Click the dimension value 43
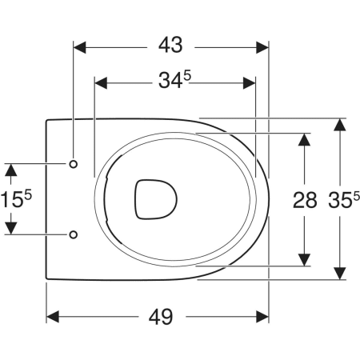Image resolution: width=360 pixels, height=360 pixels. (170, 46)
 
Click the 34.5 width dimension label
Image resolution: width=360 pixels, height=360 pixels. (175, 80)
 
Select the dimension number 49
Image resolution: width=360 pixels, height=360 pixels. (161, 317)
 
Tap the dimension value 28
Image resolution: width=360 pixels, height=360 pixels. (305, 200)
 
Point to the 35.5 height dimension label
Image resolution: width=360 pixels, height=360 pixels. (344, 199)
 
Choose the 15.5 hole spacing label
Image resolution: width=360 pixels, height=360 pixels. (16, 199)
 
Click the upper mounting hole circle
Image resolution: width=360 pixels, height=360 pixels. (74, 164)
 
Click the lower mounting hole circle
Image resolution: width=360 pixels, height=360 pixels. (74, 234)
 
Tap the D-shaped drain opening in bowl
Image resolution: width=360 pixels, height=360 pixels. (156, 199)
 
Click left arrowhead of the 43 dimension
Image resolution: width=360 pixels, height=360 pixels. (79, 47)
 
